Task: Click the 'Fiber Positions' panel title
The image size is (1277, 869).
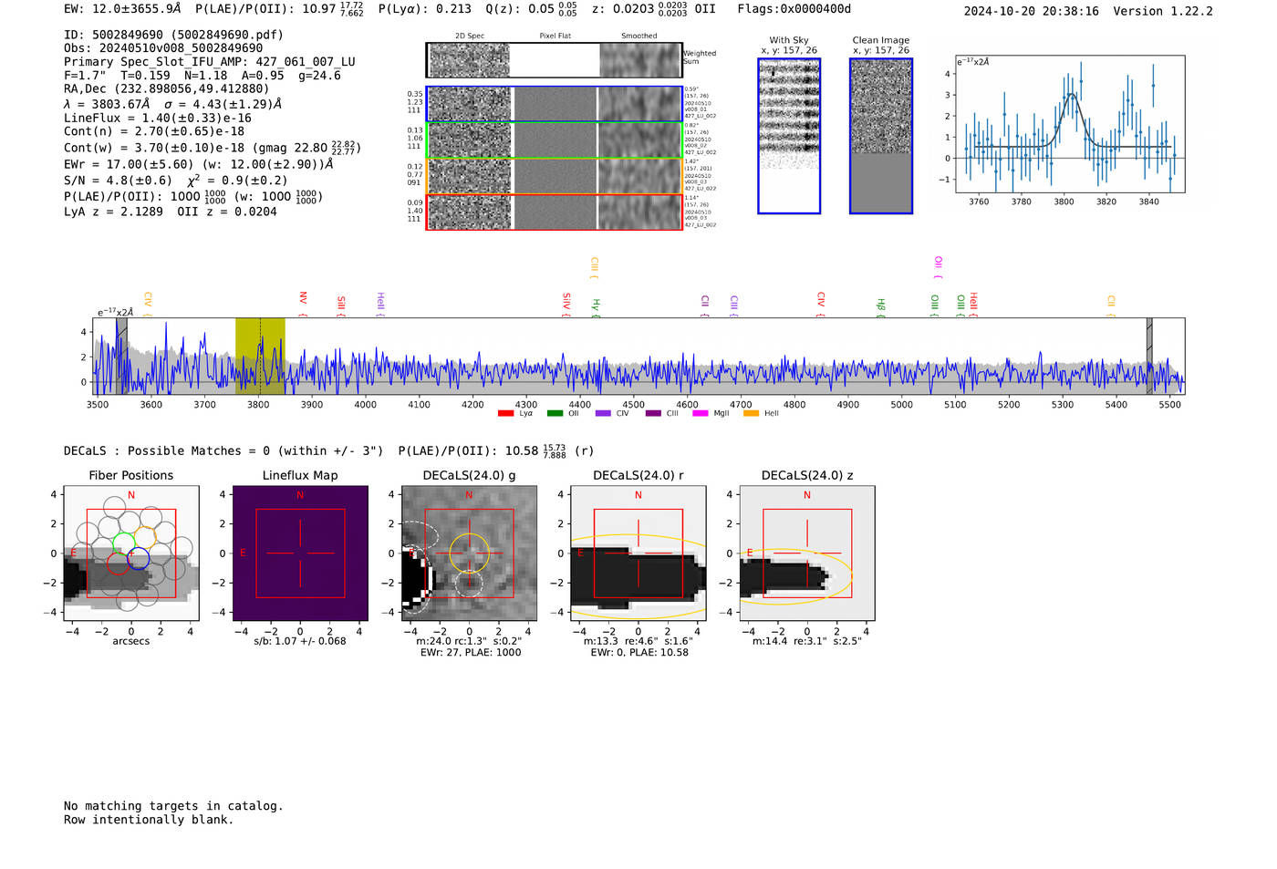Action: tap(130, 475)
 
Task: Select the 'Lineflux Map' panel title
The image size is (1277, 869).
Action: tap(300, 475)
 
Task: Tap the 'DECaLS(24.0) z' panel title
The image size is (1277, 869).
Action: tap(806, 475)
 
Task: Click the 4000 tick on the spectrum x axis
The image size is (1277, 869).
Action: tap(365, 404)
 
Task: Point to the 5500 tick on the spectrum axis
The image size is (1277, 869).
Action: tap(1169, 404)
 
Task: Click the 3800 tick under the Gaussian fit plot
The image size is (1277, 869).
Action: tap(1064, 202)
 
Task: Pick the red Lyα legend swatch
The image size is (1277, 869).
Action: tap(505, 414)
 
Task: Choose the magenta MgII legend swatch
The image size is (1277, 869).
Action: tap(700, 414)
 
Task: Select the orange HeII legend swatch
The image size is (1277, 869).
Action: tap(751, 414)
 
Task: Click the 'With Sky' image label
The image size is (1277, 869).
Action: tap(789, 40)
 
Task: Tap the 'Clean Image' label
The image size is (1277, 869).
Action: tap(880, 40)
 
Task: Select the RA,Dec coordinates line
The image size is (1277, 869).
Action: tap(167, 88)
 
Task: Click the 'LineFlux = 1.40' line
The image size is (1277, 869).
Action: tap(158, 118)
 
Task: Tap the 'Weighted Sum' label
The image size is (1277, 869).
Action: tap(699, 57)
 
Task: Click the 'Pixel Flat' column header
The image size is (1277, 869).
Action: tap(555, 36)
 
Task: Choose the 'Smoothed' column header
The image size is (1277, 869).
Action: tap(638, 36)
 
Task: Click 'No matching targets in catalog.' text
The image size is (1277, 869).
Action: tap(173, 805)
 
